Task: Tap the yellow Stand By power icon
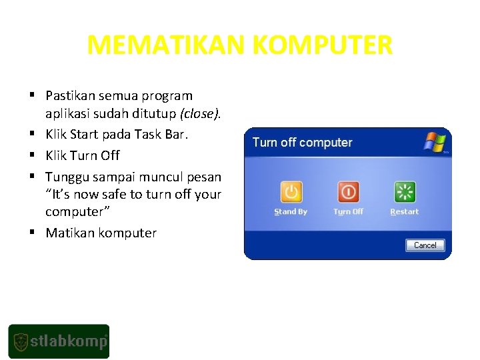[291, 192]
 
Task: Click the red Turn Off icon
[348, 192]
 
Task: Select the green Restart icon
[404, 192]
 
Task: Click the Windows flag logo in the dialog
[434, 142]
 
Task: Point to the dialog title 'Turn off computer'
[302, 143]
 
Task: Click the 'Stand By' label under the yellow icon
[291, 212]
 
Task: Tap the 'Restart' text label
[404, 212]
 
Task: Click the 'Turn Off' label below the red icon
[348, 212]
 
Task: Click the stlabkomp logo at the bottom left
[59, 341]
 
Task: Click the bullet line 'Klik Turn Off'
[82, 155]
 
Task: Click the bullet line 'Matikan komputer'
[101, 233]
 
